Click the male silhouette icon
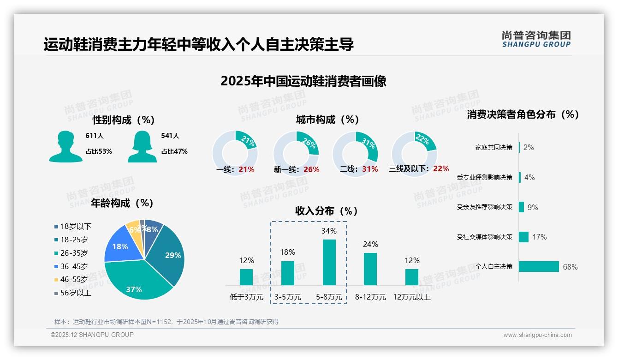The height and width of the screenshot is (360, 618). [x=65, y=146]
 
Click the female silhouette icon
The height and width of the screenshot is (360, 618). [x=142, y=146]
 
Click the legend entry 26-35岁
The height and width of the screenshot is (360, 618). [x=74, y=253]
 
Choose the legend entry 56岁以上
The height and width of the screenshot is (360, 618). [x=76, y=293]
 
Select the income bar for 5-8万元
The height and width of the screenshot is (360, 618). [x=329, y=262]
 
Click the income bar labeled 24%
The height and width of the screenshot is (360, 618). [x=370, y=269]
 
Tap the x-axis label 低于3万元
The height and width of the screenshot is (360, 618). [x=246, y=297]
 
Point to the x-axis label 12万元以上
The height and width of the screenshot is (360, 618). [x=412, y=297]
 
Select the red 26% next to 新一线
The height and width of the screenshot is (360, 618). [x=311, y=169]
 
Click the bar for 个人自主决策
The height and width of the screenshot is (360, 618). [x=539, y=266]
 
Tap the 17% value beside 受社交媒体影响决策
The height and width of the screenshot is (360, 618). [x=539, y=237]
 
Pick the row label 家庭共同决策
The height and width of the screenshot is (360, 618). [x=494, y=147]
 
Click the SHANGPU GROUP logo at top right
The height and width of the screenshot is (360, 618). [x=536, y=39]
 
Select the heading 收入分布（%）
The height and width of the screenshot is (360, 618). [x=327, y=211]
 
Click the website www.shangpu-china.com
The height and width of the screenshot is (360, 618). [x=537, y=335]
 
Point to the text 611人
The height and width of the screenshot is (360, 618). [x=95, y=136]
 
